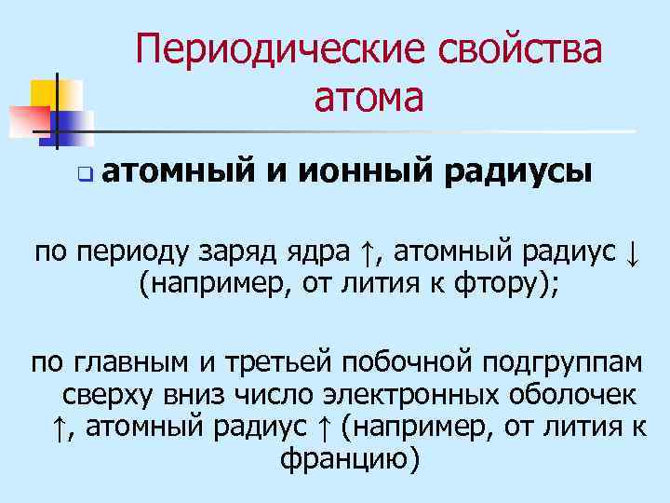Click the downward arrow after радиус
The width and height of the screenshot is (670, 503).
tap(632, 251)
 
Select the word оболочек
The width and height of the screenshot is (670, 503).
tap(567, 394)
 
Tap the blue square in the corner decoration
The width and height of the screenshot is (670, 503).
tap(74, 121)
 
